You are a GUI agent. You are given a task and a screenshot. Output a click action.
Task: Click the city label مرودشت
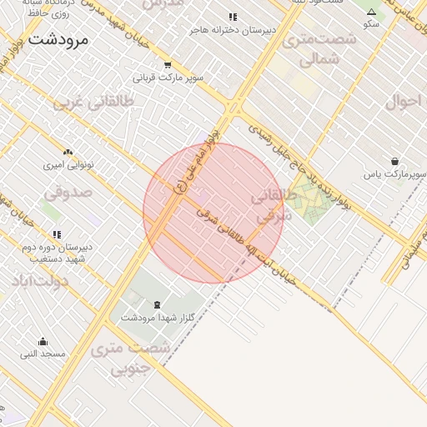coord(63,39)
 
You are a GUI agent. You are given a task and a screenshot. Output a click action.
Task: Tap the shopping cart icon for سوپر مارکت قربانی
coord(168,65)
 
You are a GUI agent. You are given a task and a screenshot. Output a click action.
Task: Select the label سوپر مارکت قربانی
coord(173,78)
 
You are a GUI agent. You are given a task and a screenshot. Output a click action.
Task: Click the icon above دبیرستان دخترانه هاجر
coord(233,17)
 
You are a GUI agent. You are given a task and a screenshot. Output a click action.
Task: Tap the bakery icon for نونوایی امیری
coord(68,153)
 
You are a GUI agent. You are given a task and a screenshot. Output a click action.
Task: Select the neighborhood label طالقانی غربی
coord(93,103)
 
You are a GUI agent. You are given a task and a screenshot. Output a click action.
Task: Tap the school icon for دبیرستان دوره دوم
coord(56,235)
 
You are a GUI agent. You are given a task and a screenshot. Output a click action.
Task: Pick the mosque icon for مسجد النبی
coord(43,341)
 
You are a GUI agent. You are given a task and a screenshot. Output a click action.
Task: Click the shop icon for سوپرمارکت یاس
coord(394,161)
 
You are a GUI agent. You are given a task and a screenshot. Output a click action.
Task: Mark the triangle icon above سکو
coord(371,13)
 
